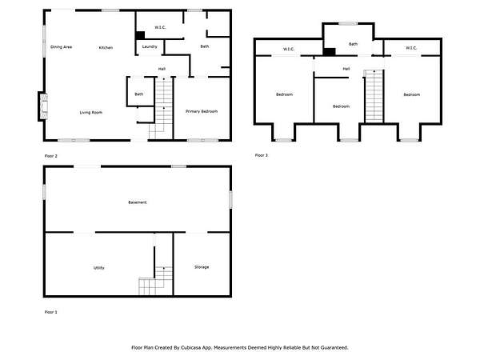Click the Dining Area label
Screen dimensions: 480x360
click(x=62, y=47)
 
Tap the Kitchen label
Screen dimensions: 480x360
click(x=106, y=47)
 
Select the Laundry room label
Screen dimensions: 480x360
click(x=150, y=46)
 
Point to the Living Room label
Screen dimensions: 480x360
click(x=91, y=112)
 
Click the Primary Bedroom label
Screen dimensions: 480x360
click(x=202, y=111)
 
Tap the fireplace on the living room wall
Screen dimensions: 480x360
click(x=43, y=106)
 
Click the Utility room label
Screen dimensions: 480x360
click(x=99, y=267)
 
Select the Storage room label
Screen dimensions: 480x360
click(x=202, y=267)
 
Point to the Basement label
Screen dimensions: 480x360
click(x=138, y=202)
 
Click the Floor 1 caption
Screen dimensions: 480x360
click(x=51, y=312)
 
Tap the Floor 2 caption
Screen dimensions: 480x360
click(x=51, y=156)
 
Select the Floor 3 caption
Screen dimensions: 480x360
click(x=262, y=155)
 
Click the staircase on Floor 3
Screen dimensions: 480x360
click(x=374, y=96)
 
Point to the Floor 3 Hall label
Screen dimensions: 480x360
click(x=346, y=69)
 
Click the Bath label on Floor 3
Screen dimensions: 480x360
click(x=353, y=44)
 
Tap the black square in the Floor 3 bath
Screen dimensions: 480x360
click(x=330, y=52)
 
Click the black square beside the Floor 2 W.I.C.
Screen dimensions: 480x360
click(x=140, y=35)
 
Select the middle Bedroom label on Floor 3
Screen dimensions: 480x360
click(x=341, y=106)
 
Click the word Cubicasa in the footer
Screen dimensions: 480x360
click(x=190, y=347)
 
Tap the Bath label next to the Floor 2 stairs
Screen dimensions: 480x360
click(x=139, y=94)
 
